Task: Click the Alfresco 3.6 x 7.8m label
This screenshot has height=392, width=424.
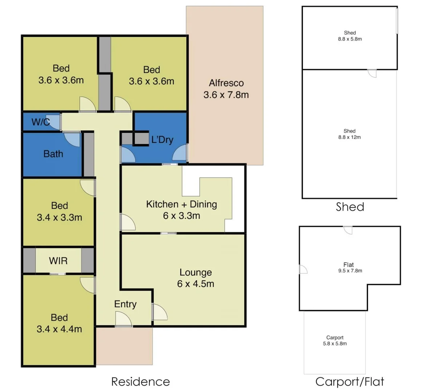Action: pos(226,89)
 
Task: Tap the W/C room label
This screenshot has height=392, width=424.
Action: pos(40,122)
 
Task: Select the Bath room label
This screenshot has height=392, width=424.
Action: pos(53,154)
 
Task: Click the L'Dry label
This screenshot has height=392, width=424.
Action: pos(162,140)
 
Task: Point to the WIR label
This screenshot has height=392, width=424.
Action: pos(58,261)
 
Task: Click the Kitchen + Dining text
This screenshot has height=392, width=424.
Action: pos(182,204)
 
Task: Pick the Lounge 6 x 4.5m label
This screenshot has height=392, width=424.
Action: pos(195,278)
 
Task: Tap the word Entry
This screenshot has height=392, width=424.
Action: pos(125,304)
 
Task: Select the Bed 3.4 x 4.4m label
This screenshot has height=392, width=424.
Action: pos(59,323)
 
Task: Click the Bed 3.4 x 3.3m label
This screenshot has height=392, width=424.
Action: pos(59,212)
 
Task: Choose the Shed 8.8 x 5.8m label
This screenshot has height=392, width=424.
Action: pos(350,36)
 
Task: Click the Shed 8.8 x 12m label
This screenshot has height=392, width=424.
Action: pos(349,134)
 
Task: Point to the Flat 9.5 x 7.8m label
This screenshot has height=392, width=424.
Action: pos(350,268)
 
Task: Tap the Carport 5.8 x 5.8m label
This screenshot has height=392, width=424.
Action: pos(334,340)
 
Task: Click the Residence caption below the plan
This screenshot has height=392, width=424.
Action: pos(140,381)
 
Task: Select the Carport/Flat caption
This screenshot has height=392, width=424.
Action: pos(349,381)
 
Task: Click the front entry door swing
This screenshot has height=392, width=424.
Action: pos(123,319)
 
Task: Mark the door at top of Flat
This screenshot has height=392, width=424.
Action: pos(348,230)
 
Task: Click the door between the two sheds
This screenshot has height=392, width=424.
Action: pos(372,73)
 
